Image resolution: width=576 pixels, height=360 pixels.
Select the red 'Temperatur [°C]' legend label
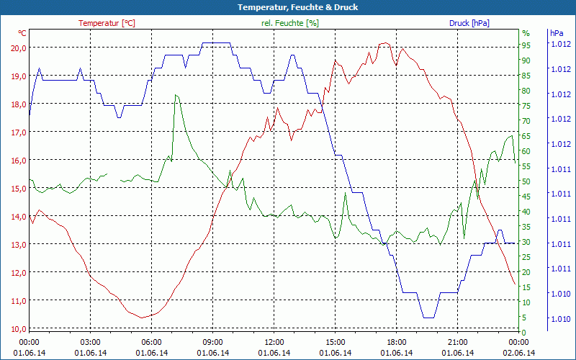click(x=107, y=23)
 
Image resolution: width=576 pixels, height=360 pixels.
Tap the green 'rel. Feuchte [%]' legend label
click(x=289, y=23)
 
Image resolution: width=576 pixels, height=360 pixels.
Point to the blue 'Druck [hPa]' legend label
click(x=469, y=23)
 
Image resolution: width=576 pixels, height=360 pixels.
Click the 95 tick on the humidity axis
click(x=526, y=45)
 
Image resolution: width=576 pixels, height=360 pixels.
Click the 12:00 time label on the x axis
click(x=275, y=342)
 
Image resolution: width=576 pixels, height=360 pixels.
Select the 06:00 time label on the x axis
click(x=152, y=342)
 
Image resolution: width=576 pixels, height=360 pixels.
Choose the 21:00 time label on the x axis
click(x=458, y=342)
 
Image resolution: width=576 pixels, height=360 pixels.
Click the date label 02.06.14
click(x=518, y=353)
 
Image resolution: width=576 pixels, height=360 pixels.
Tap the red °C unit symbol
click(x=22, y=33)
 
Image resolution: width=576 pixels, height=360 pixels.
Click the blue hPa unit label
click(x=557, y=33)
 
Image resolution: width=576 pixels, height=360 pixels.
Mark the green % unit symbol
click(x=526, y=33)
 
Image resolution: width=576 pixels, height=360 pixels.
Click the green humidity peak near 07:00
click(x=176, y=95)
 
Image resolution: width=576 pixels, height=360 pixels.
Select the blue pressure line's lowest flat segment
click(x=428, y=318)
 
